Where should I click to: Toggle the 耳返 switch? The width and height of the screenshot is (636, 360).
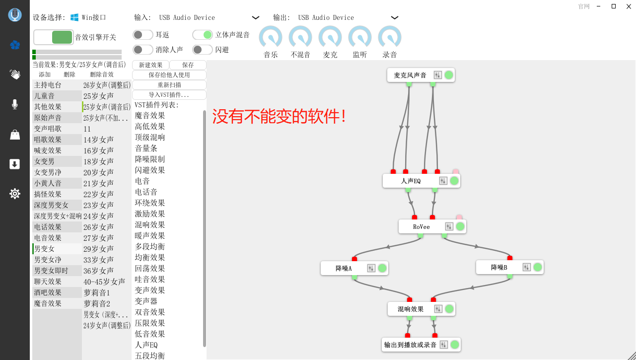pos(143,35)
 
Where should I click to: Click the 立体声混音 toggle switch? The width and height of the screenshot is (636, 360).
pos(203,35)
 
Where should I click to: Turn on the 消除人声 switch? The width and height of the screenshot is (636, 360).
pos(143,50)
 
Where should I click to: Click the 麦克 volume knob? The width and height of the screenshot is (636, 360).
pos(330,38)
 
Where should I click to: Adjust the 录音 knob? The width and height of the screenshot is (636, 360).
pos(390,38)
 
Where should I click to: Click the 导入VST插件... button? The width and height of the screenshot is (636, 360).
pos(169,94)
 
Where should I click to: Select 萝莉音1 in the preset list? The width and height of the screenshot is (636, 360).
pos(97,293)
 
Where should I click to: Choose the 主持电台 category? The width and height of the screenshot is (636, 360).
pos(48,85)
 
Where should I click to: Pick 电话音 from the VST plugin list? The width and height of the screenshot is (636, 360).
pos(146,192)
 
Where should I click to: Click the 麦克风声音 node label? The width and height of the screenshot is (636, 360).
pos(410,75)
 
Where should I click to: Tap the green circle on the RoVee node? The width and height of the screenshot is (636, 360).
pos(460,226)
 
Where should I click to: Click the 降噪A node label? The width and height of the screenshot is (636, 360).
pos(344,268)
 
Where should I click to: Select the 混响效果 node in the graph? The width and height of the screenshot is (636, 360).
pos(411,309)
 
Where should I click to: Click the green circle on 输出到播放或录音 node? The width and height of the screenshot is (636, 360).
pos(454,345)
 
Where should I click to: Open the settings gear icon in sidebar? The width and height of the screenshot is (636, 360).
pos(15,194)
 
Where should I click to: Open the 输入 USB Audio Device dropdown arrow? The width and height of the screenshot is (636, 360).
pos(256,18)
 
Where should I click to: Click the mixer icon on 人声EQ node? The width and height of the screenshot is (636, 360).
pos(443,181)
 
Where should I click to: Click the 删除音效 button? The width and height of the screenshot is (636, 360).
pos(102,74)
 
